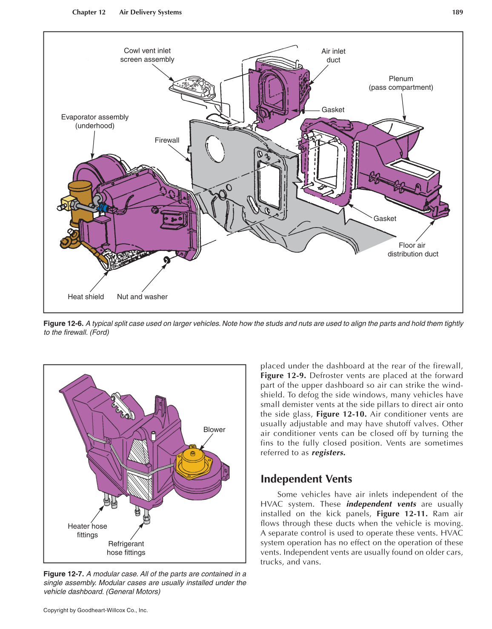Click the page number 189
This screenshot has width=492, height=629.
[457, 12]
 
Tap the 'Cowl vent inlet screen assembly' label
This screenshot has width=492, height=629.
[147, 55]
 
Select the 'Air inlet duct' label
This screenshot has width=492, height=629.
[333, 56]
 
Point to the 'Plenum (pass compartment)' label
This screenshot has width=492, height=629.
[400, 83]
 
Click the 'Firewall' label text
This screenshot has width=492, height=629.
[167, 140]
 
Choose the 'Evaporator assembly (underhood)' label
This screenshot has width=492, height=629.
[95, 122]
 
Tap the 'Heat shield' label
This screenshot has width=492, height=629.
[86, 297]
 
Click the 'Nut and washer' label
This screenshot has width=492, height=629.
[142, 297]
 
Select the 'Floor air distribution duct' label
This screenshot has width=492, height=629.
[412, 250]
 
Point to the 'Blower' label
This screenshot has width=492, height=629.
[214, 430]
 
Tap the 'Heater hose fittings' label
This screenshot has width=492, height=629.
[87, 531]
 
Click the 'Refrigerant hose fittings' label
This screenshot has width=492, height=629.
[126, 548]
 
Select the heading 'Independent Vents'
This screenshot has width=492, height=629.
[306, 479]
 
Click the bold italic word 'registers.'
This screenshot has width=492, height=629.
[328, 453]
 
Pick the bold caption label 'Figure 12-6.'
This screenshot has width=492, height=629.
[63, 324]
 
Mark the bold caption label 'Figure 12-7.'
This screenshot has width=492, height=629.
[63, 574]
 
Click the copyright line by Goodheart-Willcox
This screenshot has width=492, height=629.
[95, 610]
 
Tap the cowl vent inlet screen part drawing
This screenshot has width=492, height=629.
[194, 86]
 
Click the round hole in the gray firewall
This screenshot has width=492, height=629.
[215, 148]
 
